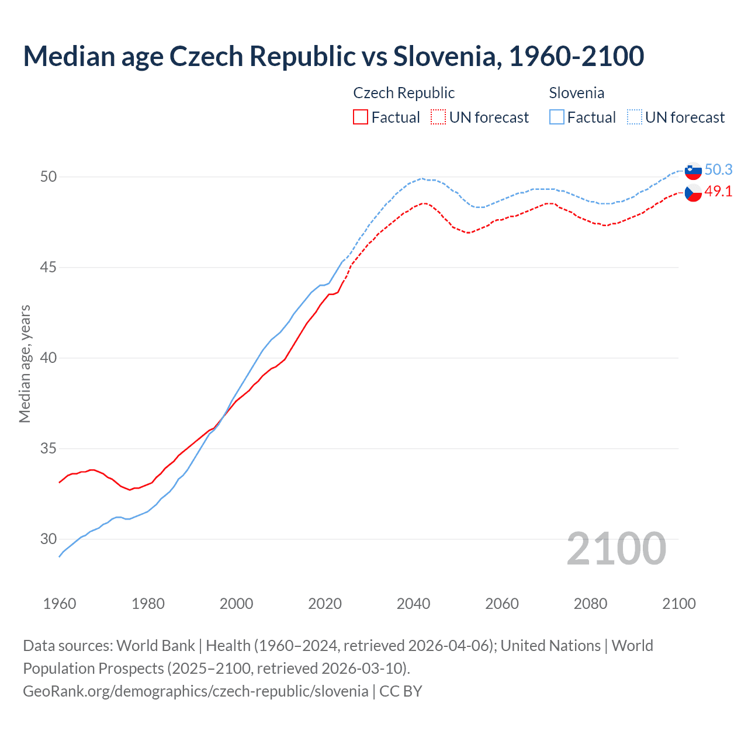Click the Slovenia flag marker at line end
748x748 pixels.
click(x=693, y=171)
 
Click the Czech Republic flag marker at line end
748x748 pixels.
click(x=693, y=192)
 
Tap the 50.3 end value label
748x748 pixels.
click(x=718, y=169)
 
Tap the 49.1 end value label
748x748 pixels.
click(x=718, y=191)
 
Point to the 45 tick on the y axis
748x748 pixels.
click(x=49, y=267)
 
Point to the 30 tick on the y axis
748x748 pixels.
click(x=49, y=539)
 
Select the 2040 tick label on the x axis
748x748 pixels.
click(x=413, y=604)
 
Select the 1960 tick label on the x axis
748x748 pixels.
click(x=60, y=604)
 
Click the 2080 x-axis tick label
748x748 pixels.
click(x=590, y=604)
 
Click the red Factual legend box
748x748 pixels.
click(x=361, y=117)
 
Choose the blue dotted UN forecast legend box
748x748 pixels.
click(x=635, y=117)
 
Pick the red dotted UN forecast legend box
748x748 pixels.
click(x=438, y=117)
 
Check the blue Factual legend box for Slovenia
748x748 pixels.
click(x=557, y=117)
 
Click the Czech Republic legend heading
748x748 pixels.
click(x=404, y=93)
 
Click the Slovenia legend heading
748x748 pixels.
click(x=576, y=93)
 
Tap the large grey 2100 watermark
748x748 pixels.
click(x=616, y=549)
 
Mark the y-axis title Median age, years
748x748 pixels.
click(x=25, y=363)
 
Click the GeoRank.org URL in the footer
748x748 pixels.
click(x=195, y=691)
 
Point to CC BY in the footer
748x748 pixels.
click(x=401, y=691)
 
